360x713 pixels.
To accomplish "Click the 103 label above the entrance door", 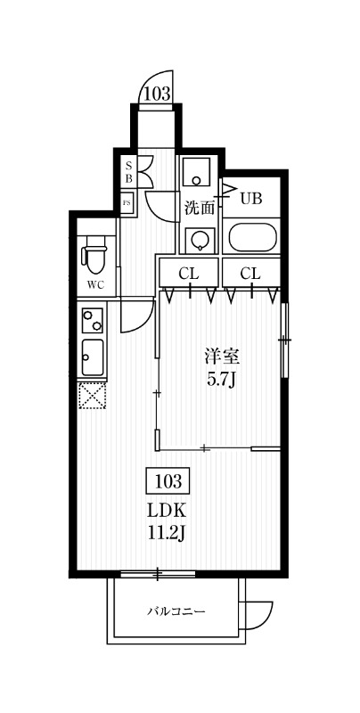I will coord(156,92).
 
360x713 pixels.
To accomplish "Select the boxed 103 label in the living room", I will coord(168,482).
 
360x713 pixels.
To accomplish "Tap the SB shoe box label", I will coord(128,171).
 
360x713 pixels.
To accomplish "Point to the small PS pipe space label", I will coord(127,201).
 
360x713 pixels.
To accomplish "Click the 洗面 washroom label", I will coord(200,209).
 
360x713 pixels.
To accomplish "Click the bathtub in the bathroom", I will coord(253,238).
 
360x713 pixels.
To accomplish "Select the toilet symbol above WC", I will coord(94,256).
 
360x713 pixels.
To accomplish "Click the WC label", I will coord(94,286).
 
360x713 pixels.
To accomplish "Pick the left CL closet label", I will coord(188,273).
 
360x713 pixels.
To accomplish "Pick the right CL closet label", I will coord(250,273).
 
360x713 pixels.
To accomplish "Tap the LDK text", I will coord(167,512).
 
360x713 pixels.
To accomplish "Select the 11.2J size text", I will coord(167,533).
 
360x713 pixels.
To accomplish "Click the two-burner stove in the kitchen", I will coord(93,319).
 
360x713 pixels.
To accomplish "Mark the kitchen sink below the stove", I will coord(93,356).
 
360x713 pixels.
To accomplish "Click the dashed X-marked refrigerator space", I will coord(92,393).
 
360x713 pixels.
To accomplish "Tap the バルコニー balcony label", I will coord(177,611).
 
